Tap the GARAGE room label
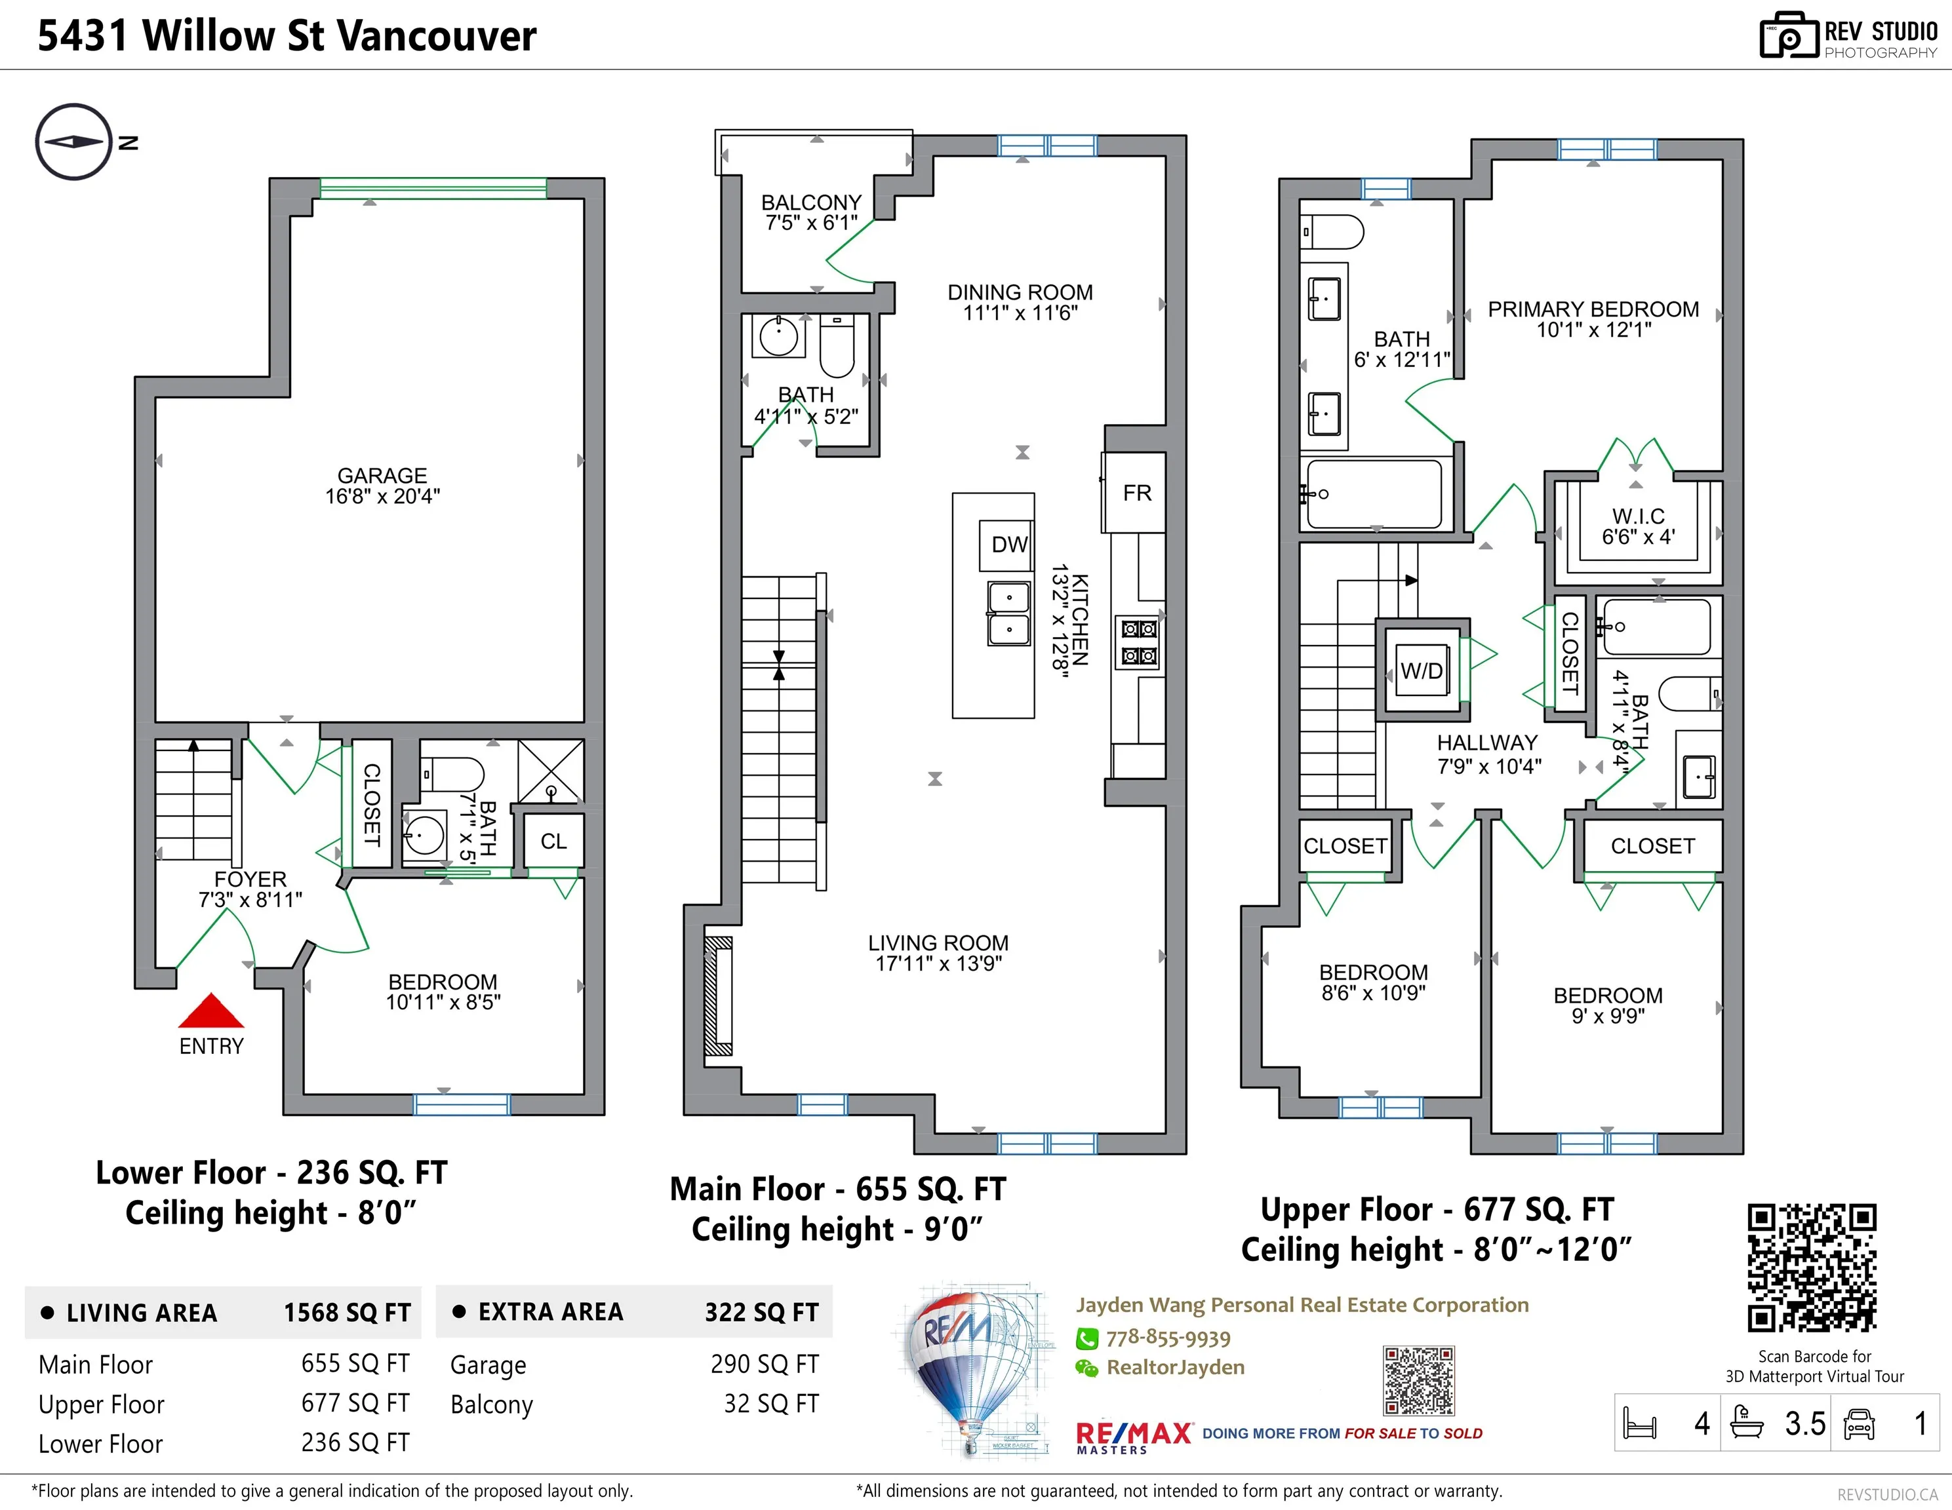(382, 475)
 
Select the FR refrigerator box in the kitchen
(1136, 494)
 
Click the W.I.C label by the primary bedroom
(1639, 516)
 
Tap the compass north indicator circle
(74, 142)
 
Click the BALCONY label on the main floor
(810, 203)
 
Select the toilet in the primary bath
(1332, 231)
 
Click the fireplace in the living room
(719, 996)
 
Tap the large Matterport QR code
(1812, 1268)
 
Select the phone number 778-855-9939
(1168, 1338)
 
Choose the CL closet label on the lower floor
(553, 842)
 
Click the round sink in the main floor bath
(778, 336)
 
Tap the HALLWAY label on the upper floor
(1487, 743)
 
